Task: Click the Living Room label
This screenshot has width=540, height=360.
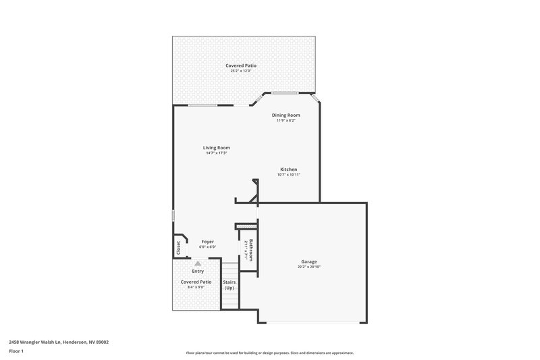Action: coord(217,147)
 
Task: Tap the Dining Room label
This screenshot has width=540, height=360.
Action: coord(286,115)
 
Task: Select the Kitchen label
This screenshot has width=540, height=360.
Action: coord(289,170)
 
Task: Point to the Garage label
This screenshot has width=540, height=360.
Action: coord(309,261)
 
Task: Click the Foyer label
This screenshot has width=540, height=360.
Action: coord(207,241)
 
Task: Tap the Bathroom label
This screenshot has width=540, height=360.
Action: coord(250,250)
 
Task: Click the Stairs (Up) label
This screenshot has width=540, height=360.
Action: coord(229,284)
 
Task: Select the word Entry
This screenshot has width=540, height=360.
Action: coord(198,271)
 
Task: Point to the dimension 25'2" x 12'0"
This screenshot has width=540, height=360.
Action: coord(241,71)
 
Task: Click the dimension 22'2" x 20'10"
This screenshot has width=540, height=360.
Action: coord(309,267)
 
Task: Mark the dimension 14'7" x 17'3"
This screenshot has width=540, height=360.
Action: coord(217,153)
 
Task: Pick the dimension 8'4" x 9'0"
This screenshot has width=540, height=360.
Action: coord(196,287)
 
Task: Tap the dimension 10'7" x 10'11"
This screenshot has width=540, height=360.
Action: coord(289,175)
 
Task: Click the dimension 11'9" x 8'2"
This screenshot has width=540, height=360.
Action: coord(286,120)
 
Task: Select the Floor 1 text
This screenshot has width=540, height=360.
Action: coord(17,352)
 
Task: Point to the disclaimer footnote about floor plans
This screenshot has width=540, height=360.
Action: coord(270,353)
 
